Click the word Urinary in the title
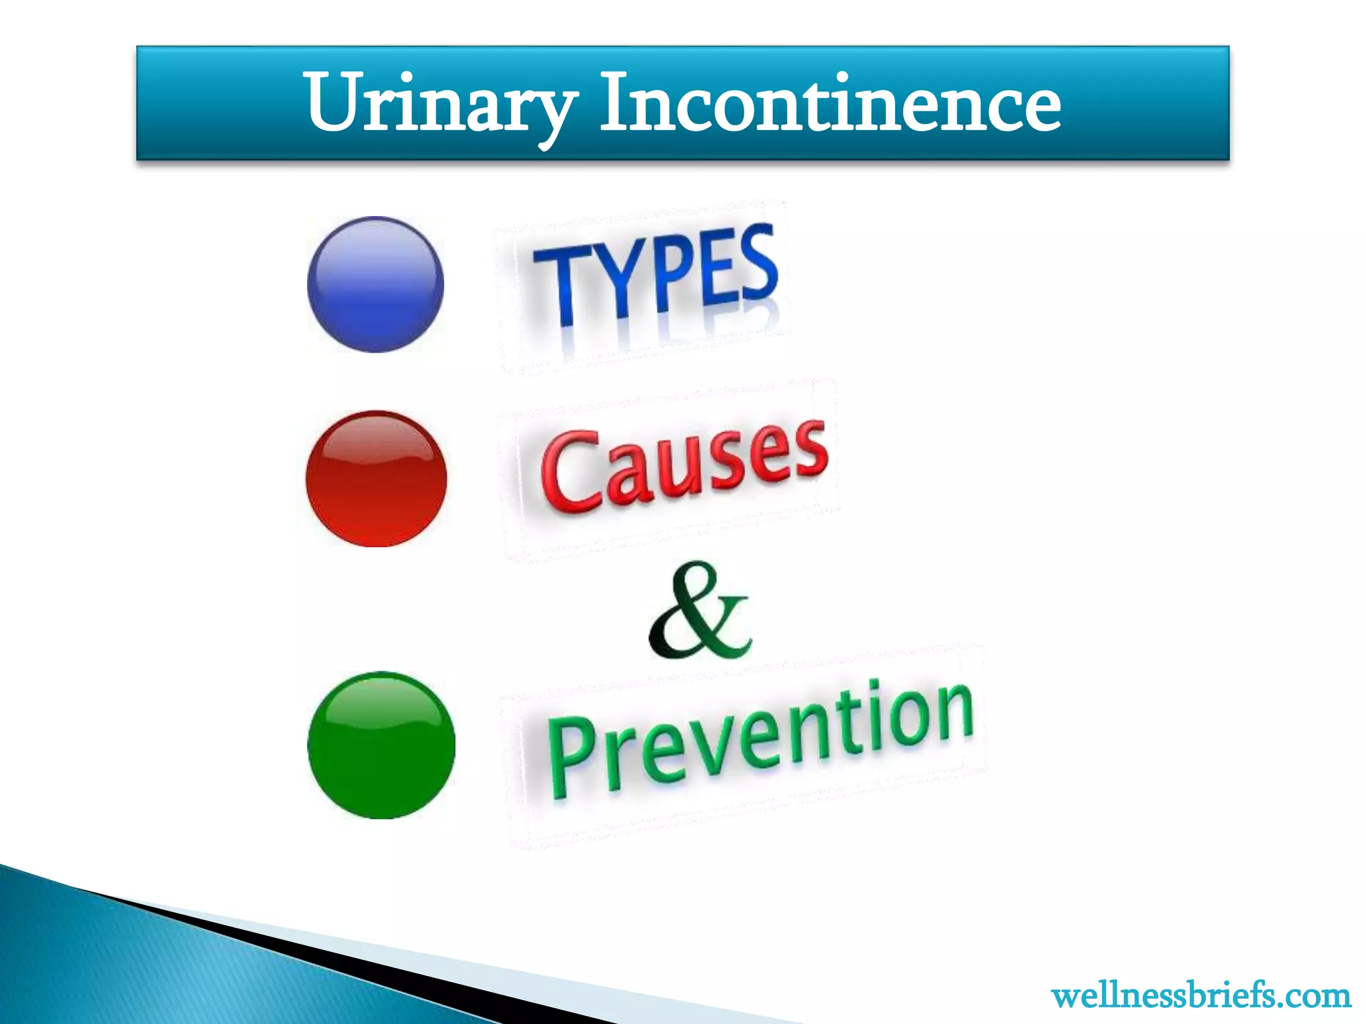[x=440, y=103]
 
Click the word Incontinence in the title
[x=830, y=103]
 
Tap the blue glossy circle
[x=376, y=284]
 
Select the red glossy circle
[x=376, y=479]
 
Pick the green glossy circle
[x=381, y=745]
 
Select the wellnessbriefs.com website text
[x=1201, y=996]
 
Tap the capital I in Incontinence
[x=614, y=101]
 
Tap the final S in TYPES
[x=758, y=263]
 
